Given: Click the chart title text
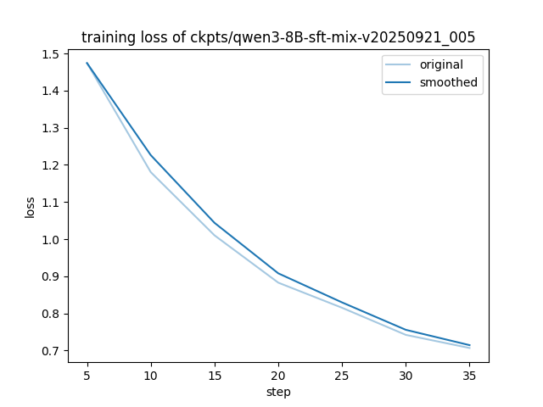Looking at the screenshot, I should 278,37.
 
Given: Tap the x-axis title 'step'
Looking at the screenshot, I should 278,393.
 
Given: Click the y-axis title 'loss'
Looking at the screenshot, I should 31,208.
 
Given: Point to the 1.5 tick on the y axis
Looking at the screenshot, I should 51,54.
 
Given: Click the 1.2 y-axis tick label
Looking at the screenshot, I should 51,165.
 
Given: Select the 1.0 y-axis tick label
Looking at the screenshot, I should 51,240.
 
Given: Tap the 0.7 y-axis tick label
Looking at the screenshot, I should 51,351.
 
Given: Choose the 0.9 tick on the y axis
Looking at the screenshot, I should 51,276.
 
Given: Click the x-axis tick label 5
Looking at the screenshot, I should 87,374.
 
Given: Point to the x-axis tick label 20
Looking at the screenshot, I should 278,374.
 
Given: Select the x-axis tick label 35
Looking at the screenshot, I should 469,374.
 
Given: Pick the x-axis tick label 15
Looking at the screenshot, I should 215,374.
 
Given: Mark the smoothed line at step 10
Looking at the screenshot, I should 151,155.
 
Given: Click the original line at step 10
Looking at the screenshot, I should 151,172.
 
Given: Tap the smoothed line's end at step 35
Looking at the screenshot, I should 469,345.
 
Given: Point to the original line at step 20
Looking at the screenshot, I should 278,282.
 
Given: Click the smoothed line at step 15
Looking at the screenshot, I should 215,223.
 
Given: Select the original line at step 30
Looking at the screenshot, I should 406,334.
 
